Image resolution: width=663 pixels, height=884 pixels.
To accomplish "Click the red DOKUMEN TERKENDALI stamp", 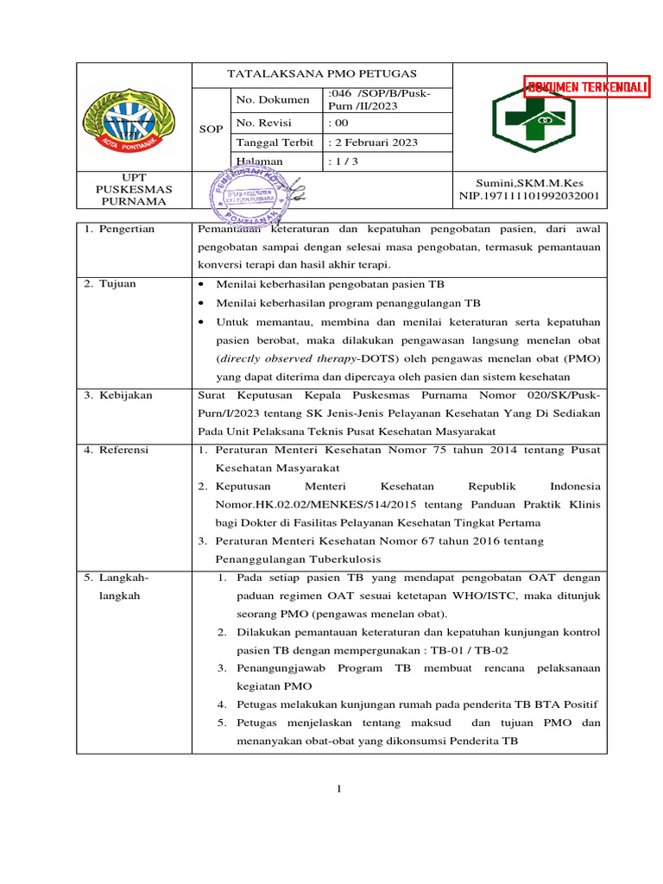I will click(588, 87).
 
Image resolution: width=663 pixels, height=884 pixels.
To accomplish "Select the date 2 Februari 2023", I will click(375, 142).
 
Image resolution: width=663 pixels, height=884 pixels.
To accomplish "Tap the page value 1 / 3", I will click(344, 161).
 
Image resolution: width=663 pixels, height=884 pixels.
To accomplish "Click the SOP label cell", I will click(211, 129).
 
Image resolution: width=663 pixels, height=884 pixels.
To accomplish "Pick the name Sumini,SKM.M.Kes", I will click(528, 184).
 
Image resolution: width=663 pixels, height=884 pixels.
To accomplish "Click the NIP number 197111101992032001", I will click(528, 196).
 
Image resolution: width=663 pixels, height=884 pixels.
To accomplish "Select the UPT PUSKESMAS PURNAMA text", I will click(134, 189).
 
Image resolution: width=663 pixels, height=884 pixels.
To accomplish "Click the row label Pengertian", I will click(125, 230).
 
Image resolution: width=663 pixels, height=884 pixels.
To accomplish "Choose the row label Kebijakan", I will click(125, 395).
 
